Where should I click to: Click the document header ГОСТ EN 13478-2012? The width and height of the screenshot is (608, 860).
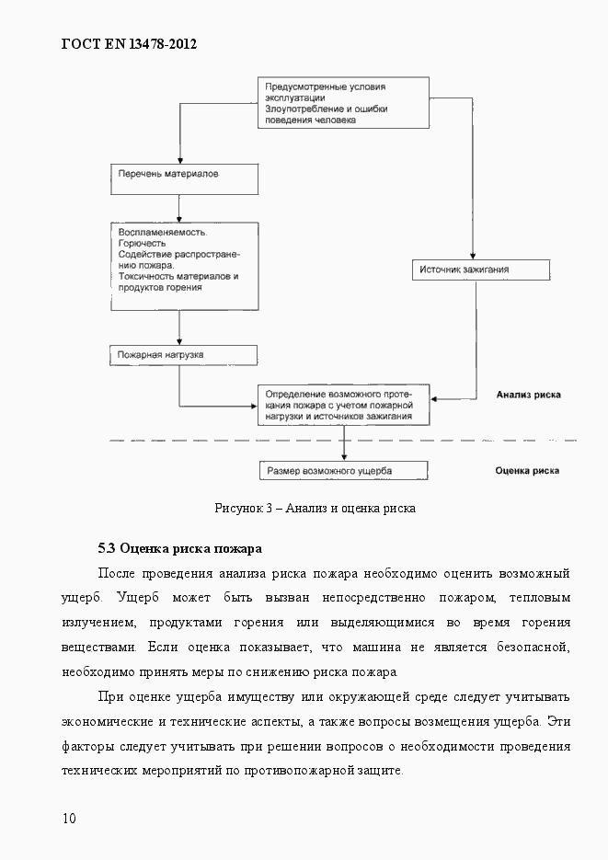click(x=129, y=43)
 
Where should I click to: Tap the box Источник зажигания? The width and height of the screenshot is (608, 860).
click(x=480, y=269)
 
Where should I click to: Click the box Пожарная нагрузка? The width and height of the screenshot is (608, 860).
click(x=184, y=354)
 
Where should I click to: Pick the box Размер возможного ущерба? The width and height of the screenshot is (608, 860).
click(x=343, y=471)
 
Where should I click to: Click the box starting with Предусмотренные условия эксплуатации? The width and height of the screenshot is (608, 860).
click(x=342, y=102)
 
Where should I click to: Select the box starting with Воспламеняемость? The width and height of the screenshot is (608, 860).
click(x=184, y=266)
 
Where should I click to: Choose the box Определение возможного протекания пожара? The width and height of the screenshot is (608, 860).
click(x=343, y=405)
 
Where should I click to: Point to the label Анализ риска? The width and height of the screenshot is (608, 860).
click(x=528, y=396)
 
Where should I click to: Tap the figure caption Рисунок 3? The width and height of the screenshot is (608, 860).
click(x=315, y=508)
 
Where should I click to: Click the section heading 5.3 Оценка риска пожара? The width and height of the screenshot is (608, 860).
click(x=180, y=549)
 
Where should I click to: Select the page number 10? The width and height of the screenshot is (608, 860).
click(x=70, y=818)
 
